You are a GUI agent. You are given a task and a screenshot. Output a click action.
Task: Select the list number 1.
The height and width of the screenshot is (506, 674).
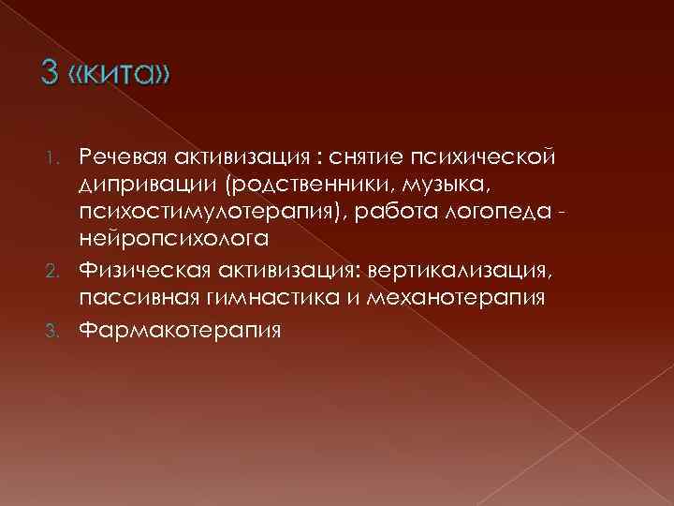(59, 154)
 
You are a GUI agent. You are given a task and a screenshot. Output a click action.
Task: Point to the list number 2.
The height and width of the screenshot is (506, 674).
(58, 272)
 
